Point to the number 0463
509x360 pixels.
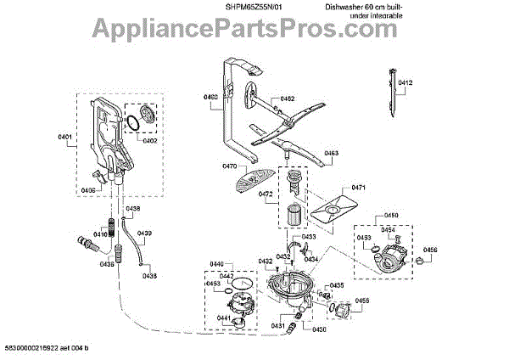[x=331, y=154]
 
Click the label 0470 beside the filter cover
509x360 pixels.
[x=229, y=166]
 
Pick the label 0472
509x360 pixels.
[x=266, y=194]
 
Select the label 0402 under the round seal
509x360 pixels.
[x=149, y=141]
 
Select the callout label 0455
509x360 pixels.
[x=362, y=301]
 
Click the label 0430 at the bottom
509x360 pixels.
[x=319, y=329]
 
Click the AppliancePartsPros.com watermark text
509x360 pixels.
[x=255, y=32]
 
